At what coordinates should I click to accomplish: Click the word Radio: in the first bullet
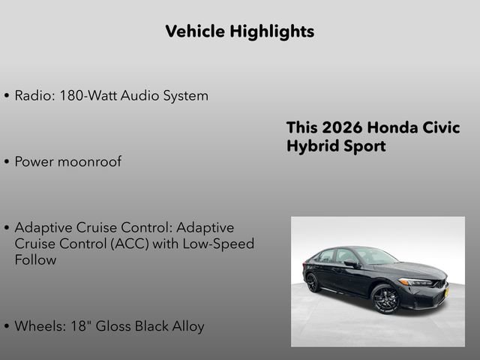click(34, 96)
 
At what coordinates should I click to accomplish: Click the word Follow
click(35, 260)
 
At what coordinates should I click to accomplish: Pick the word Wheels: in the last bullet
click(39, 326)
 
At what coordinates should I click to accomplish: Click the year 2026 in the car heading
click(341, 127)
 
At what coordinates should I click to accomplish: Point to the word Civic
click(437, 127)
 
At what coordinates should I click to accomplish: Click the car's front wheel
click(385, 298)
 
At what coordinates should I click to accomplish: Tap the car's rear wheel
click(313, 282)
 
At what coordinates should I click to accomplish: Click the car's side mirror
click(350, 264)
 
